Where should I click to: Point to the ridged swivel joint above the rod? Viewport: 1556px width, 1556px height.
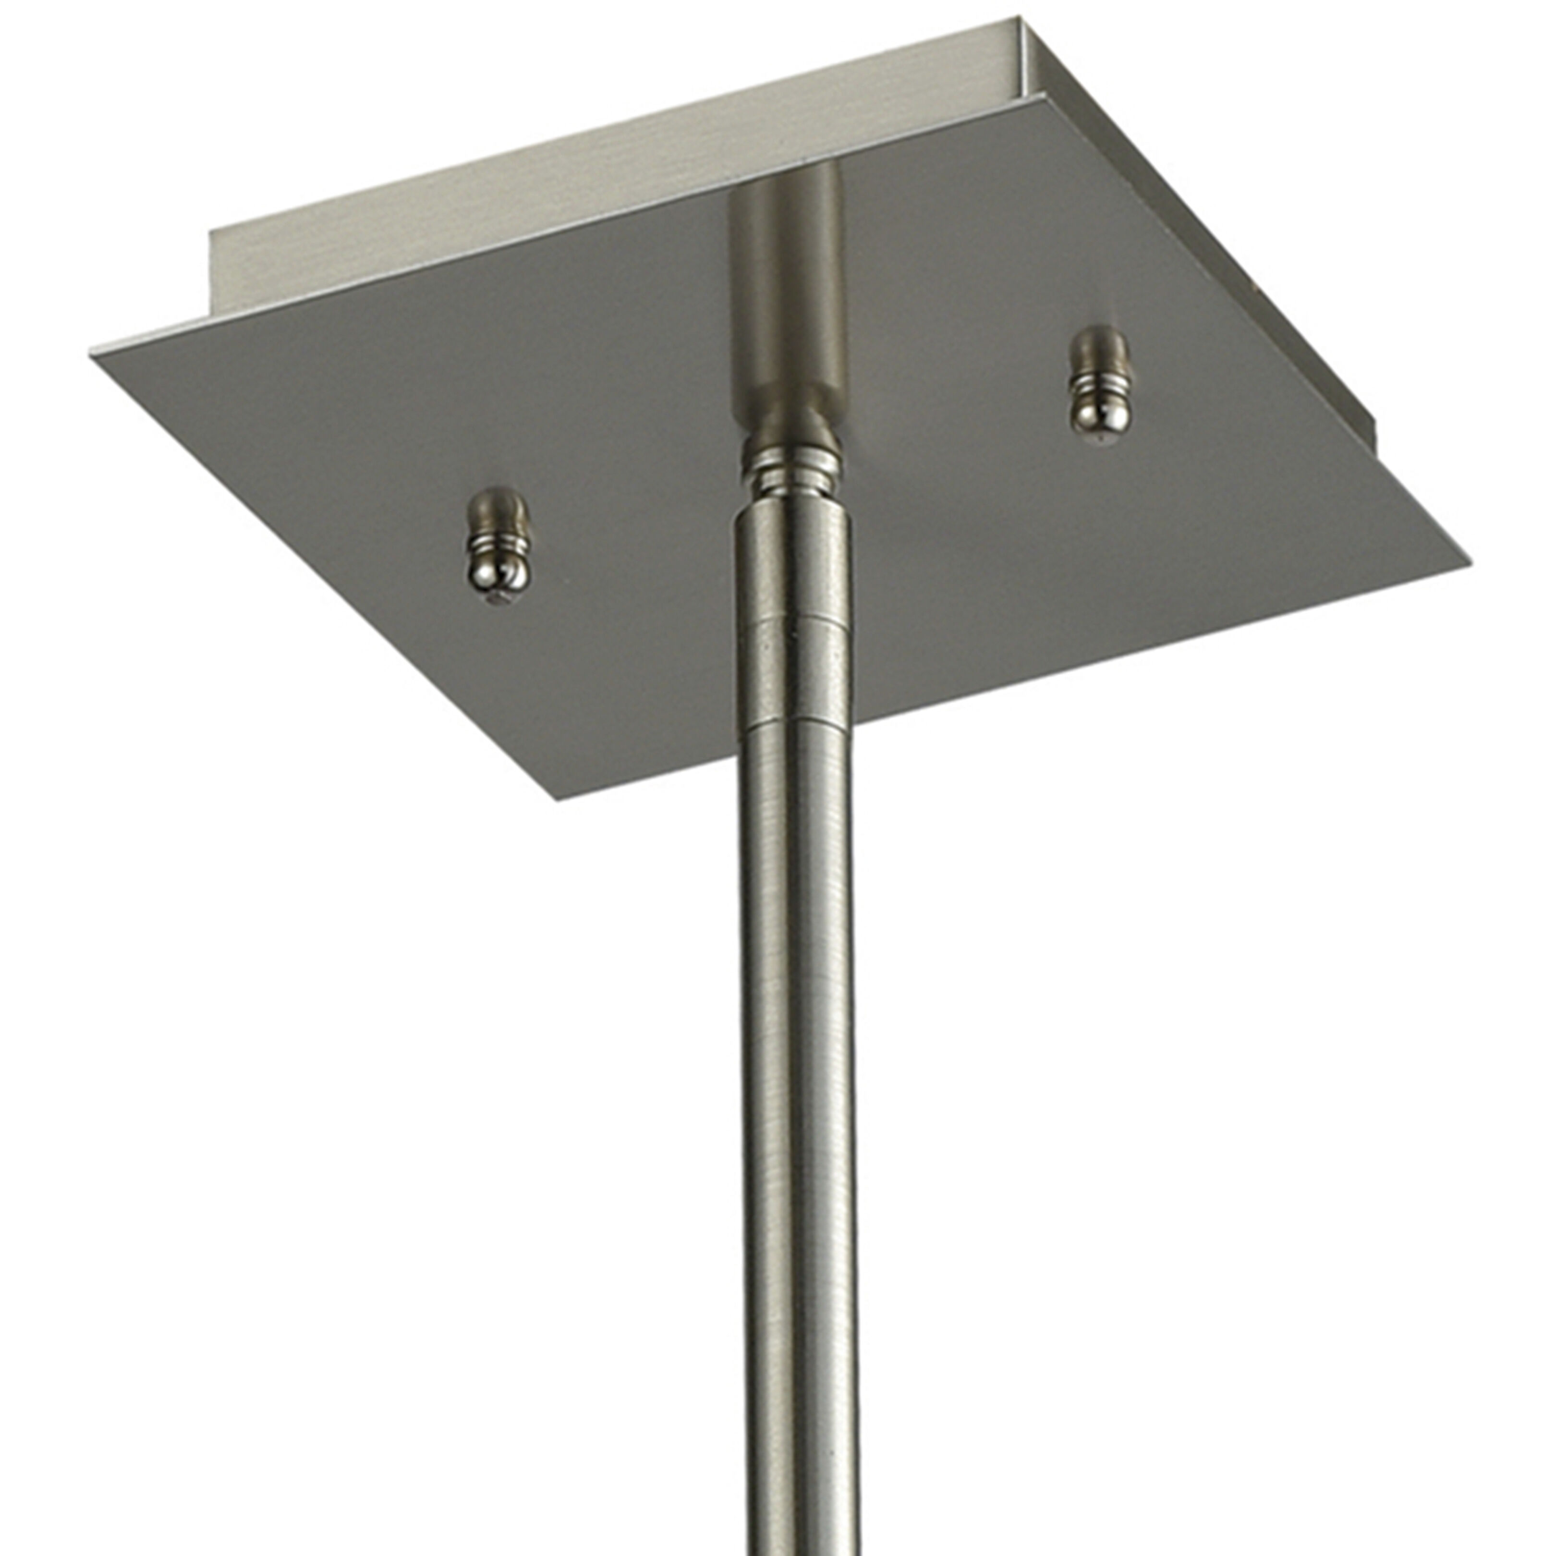tap(791, 475)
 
